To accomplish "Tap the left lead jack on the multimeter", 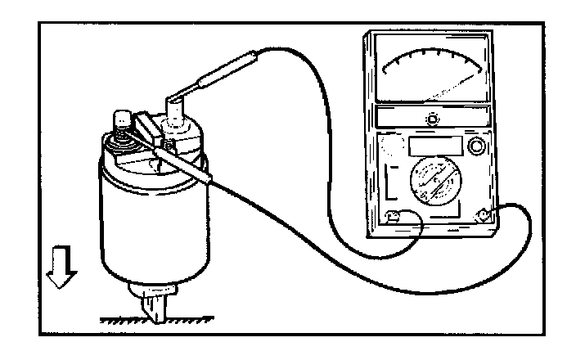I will tap(393, 218).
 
